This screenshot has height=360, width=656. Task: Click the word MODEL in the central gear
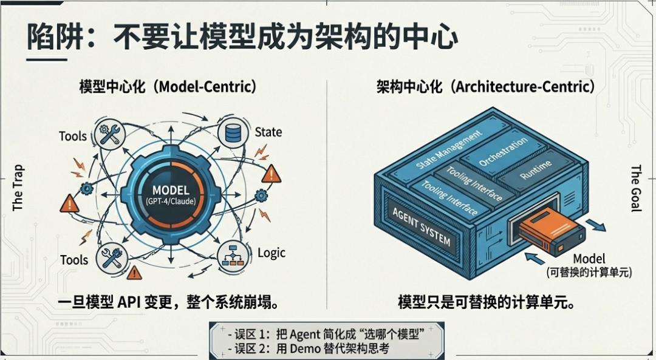(x=171, y=190)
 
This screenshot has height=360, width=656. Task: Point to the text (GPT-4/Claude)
(x=171, y=202)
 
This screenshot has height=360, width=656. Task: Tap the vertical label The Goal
(x=635, y=188)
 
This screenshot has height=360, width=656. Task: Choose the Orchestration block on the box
(x=504, y=152)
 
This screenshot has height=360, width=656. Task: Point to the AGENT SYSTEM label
(x=422, y=226)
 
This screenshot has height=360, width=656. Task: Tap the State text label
(x=268, y=132)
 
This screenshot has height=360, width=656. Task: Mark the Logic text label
(x=272, y=253)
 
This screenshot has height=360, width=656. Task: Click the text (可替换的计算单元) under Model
(x=589, y=273)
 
